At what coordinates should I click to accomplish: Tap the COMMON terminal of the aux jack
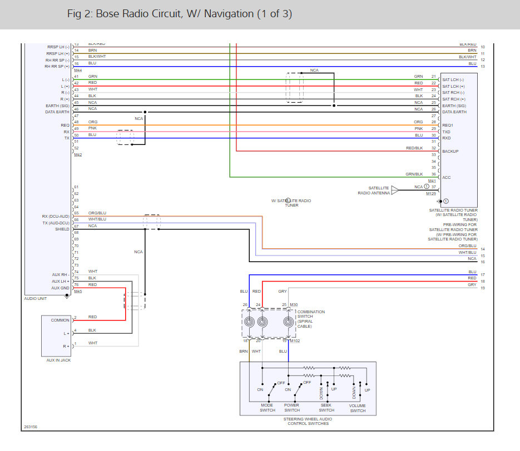pyautogui.click(x=60, y=320)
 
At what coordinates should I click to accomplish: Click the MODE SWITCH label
pyautogui.click(x=268, y=408)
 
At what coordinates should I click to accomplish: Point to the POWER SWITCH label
pyautogui.click(x=292, y=408)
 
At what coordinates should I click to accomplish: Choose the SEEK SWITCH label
pyautogui.click(x=326, y=408)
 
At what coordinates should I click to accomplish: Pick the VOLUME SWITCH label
pyautogui.click(x=358, y=408)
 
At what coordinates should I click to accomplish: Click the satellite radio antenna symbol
pyautogui.click(x=395, y=190)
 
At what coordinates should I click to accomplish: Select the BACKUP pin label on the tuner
pyautogui.click(x=450, y=151)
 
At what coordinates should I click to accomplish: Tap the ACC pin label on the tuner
pyautogui.click(x=446, y=177)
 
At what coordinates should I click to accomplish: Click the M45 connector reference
pyautogui.click(x=78, y=292)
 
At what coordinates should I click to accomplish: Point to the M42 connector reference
pyautogui.click(x=78, y=154)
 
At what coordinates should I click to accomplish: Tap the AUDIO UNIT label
pyautogui.click(x=36, y=298)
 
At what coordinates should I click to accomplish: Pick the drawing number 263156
pyautogui.click(x=31, y=427)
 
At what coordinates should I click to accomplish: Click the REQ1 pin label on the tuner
pyautogui.click(x=448, y=126)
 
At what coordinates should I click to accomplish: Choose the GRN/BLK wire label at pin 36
pyautogui.click(x=414, y=174)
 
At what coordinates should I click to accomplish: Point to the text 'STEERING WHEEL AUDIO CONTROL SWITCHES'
pyautogui.click(x=308, y=421)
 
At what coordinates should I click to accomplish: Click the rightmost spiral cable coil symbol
pyautogui.click(x=288, y=322)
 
